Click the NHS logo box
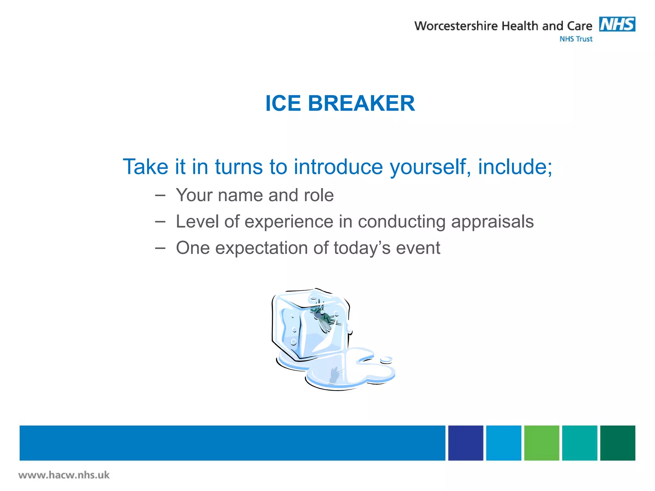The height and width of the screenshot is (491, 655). coord(617,24)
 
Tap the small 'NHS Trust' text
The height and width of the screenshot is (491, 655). coord(576,39)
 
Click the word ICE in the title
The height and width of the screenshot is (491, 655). coord(283,103)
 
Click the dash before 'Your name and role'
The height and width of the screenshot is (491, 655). coord(160,195)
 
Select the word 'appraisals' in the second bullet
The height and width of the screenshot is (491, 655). coord(492,222)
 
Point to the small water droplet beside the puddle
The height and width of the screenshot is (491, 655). coord(386,360)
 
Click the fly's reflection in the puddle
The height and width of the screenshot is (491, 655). coord(335,375)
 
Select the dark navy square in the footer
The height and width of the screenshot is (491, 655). coord(465,443)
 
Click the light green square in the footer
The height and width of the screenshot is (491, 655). coord(541,443)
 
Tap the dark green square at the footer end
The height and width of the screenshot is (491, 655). coord(617,443)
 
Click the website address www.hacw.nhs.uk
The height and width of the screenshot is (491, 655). coord(64,475)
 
